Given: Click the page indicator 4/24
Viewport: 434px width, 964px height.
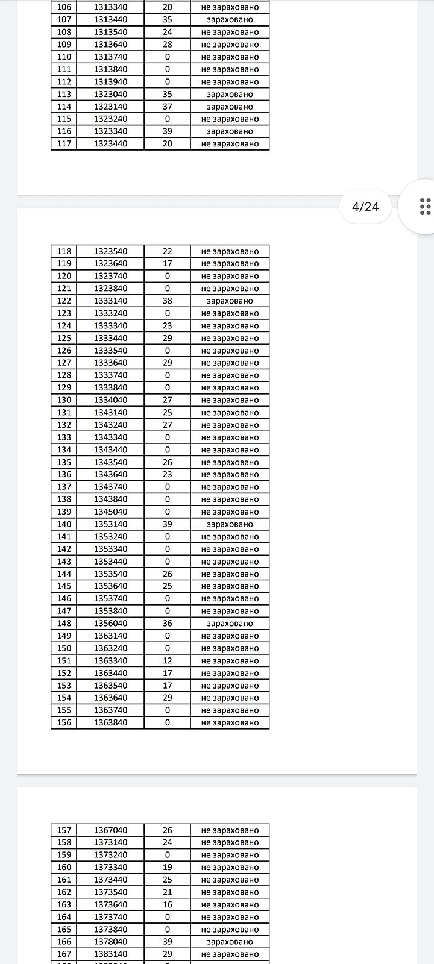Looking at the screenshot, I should [365, 207].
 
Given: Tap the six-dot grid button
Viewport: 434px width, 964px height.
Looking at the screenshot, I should [424, 207].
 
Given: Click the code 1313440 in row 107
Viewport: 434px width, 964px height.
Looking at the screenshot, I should [110, 19].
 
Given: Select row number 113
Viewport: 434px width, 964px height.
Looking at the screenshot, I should [64, 94].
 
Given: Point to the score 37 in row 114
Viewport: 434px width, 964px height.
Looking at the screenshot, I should [167, 107].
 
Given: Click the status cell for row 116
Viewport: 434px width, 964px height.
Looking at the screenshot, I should [230, 131].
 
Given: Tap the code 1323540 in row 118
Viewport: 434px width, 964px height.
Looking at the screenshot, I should [110, 251].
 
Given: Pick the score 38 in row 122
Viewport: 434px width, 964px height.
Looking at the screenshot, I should [167, 301].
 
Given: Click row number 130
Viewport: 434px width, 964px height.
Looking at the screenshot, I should [64, 400].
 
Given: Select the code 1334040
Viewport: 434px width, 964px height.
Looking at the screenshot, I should [110, 400].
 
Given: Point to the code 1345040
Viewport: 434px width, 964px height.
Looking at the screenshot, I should [110, 512].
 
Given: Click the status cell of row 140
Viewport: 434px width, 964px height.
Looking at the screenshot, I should [230, 524].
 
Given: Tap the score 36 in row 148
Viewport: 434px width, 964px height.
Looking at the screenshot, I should [167, 624].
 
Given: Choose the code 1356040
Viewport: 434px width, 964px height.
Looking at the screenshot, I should [110, 624].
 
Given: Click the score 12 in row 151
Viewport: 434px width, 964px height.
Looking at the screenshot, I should [167, 661].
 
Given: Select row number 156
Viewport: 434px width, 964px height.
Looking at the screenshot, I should [64, 722].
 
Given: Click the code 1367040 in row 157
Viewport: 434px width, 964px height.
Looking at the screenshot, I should [110, 830].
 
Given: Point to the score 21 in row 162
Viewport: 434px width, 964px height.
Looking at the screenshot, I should [167, 892].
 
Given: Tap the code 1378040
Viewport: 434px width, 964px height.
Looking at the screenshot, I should [110, 942].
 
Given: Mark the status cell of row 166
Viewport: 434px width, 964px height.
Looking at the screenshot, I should [230, 942].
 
